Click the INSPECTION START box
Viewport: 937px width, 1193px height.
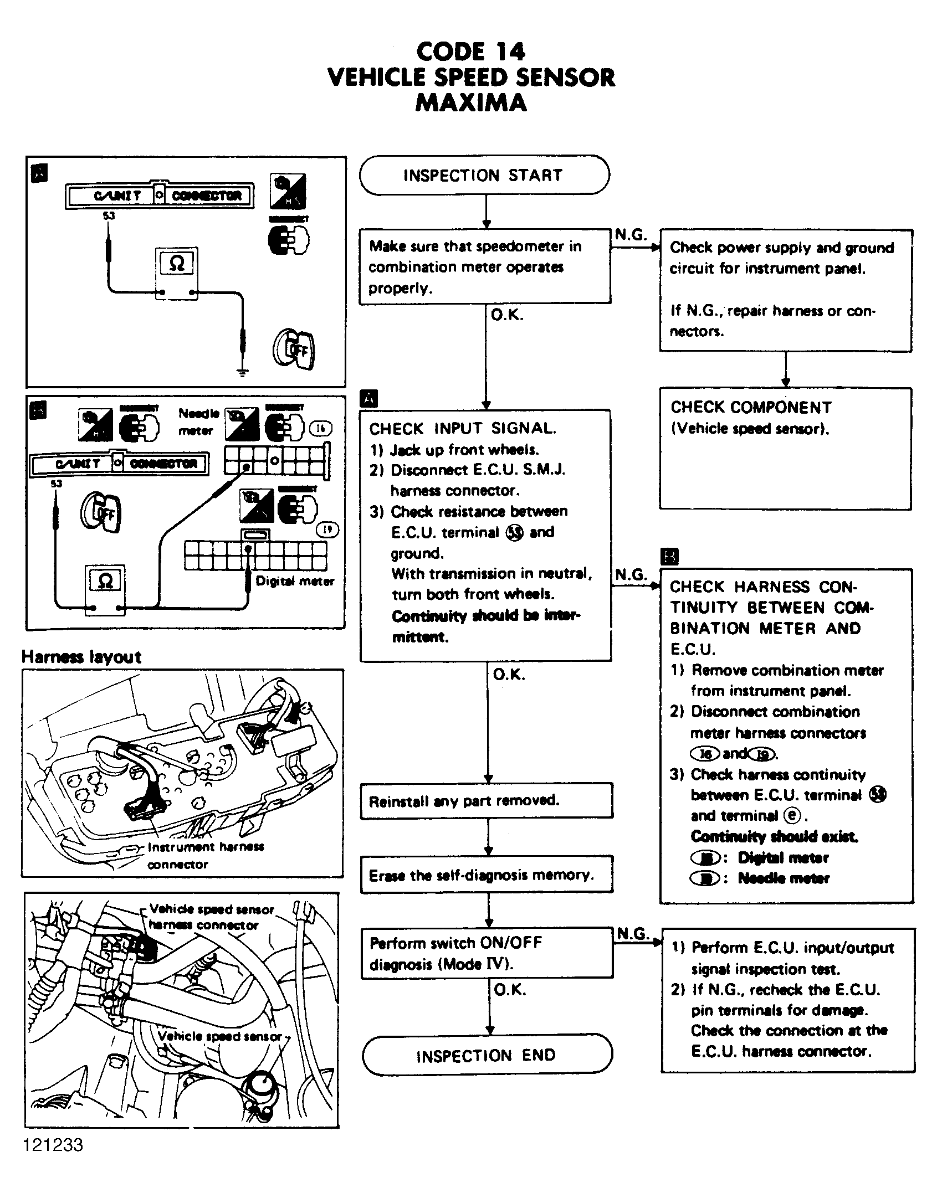point(484,175)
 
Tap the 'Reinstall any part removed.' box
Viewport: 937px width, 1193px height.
point(486,800)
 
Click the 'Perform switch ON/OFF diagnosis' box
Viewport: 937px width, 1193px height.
point(486,953)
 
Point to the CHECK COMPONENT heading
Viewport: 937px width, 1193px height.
point(751,408)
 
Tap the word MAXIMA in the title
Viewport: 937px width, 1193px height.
point(471,103)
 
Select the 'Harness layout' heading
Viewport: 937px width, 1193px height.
point(81,657)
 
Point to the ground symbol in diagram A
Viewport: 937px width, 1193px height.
point(242,372)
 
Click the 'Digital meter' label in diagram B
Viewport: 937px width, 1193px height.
point(295,581)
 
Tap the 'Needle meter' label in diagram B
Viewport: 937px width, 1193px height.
point(198,421)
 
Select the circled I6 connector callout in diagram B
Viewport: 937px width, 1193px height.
point(320,428)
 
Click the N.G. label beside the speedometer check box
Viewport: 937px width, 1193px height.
point(631,235)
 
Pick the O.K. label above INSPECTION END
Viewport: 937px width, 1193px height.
point(509,990)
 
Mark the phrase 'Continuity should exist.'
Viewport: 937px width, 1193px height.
point(775,836)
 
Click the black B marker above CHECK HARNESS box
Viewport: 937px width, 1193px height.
point(669,556)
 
